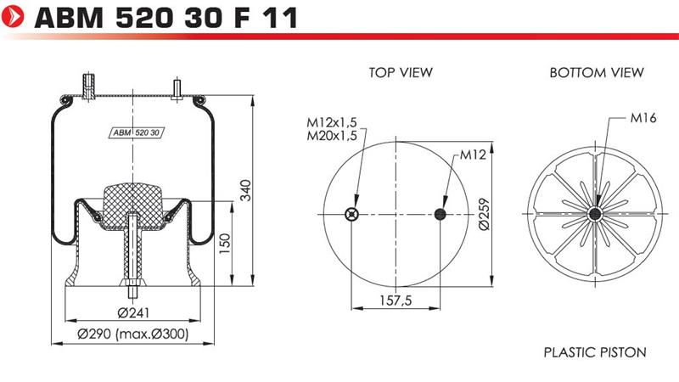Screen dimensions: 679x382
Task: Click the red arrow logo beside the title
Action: tap(13, 17)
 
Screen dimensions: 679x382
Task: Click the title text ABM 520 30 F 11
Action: tap(166, 18)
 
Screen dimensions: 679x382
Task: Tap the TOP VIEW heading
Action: tap(401, 72)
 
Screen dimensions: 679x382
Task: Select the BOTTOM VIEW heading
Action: tap(597, 72)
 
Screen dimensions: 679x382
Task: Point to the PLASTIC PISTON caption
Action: tap(595, 352)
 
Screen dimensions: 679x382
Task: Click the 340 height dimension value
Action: tap(245, 190)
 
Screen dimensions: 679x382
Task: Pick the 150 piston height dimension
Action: tap(225, 244)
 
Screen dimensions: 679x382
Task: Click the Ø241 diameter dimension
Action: tap(133, 312)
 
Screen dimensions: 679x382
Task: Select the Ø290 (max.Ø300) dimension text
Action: tap(133, 334)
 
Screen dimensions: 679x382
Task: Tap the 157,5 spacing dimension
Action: tap(396, 301)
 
